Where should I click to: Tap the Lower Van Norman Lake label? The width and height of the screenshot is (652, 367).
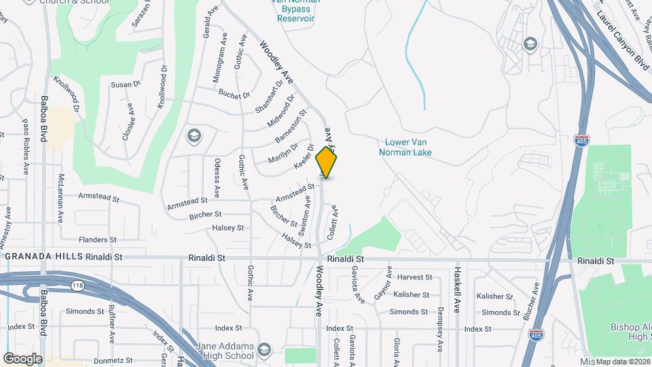pos(408,147)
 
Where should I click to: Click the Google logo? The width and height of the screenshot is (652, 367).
pos(22,358)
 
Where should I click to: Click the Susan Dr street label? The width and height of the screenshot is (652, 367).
pos(125,84)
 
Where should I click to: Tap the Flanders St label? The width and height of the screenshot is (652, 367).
pos(94,240)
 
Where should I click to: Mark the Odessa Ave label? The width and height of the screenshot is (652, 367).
pos(217,177)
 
